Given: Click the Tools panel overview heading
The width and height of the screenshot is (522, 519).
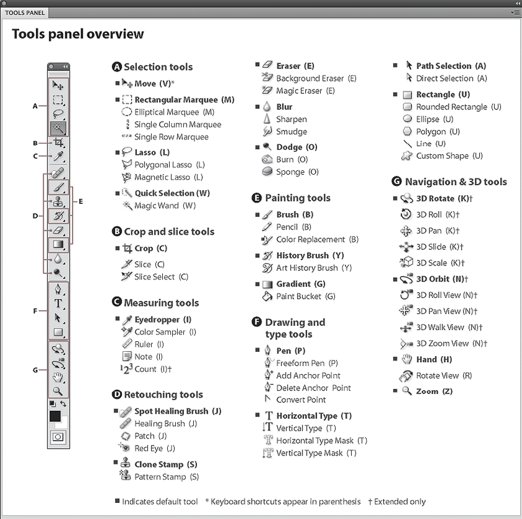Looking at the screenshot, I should [78, 34].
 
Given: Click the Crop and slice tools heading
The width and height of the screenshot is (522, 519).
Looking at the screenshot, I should [169, 232].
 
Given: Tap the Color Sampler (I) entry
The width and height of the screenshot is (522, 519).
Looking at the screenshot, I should [165, 332].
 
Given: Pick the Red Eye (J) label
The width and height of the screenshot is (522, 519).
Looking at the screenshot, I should [155, 448].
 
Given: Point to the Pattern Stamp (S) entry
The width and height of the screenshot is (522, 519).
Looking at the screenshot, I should [167, 477].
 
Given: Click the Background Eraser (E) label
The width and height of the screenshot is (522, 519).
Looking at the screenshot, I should [316, 78].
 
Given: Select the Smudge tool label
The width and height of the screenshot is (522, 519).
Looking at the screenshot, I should [291, 132].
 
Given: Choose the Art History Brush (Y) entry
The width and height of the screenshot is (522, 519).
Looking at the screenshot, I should [314, 268].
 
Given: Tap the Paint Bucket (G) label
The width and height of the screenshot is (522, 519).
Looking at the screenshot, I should [306, 296].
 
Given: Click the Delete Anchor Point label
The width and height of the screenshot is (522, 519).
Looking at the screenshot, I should [313, 388].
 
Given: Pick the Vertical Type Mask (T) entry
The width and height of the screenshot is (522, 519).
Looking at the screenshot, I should [316, 453].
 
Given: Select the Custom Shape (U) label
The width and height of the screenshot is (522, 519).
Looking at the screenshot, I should [449, 156].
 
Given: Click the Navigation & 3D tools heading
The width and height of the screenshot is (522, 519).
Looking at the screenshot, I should [456, 182].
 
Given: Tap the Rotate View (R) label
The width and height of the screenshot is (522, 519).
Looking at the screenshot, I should [444, 375].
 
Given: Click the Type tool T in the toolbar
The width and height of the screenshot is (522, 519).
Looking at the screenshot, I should [58, 303].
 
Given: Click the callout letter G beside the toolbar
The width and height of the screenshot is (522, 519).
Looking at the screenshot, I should [35, 370].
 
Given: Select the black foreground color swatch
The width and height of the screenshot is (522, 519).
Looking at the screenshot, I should [55, 416].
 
